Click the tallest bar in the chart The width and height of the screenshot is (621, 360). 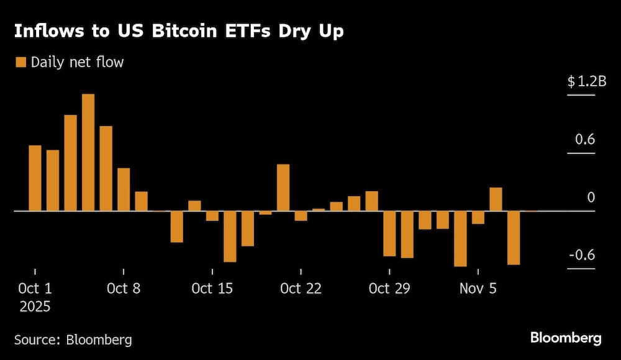pyautogui.click(x=88, y=153)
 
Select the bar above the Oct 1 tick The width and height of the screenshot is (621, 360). pyautogui.click(x=35, y=178)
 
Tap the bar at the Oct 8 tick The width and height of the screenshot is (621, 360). pyautogui.click(x=124, y=189)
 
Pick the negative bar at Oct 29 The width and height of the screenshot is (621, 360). pyautogui.click(x=389, y=233)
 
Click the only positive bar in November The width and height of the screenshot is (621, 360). pyautogui.click(x=496, y=199)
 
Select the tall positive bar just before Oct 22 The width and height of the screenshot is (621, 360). pyautogui.click(x=283, y=187)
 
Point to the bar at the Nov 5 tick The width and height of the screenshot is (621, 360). pyautogui.click(x=478, y=217)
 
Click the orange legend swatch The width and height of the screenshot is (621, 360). pyautogui.click(x=20, y=62)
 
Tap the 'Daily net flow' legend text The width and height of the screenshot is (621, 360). pyautogui.click(x=77, y=62)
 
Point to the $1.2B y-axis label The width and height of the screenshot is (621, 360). pyautogui.click(x=581, y=81)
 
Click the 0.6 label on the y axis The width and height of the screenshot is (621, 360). pyautogui.click(x=585, y=139)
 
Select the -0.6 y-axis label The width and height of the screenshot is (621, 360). pyautogui.click(x=582, y=255)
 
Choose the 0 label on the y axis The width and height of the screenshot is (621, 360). pyautogui.click(x=591, y=197)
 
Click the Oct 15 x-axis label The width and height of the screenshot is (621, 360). pyautogui.click(x=212, y=289)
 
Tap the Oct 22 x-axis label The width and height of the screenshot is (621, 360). pyautogui.click(x=301, y=289)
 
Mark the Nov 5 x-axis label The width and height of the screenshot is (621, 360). pyautogui.click(x=478, y=289)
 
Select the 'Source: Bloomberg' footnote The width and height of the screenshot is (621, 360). pyautogui.click(x=73, y=340)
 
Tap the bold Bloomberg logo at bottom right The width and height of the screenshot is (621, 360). pyautogui.click(x=565, y=338)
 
